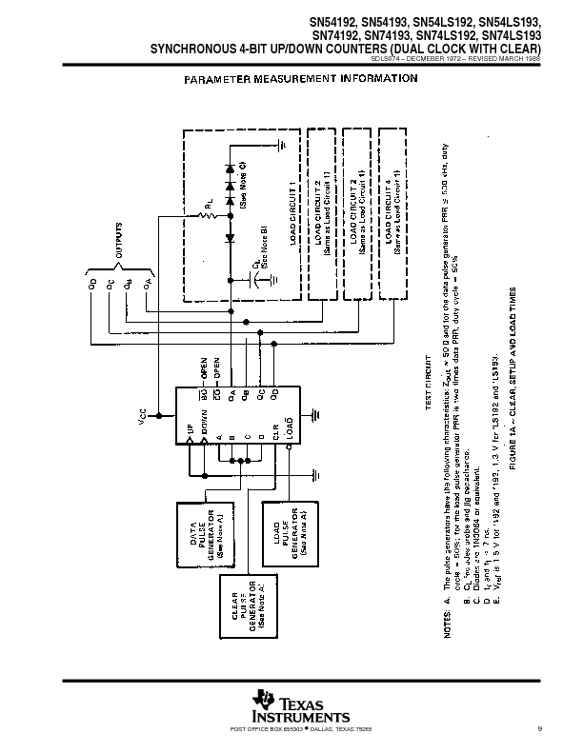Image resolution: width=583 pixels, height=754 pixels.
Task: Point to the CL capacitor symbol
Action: click(257, 281)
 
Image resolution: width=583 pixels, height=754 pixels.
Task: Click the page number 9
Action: click(538, 730)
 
